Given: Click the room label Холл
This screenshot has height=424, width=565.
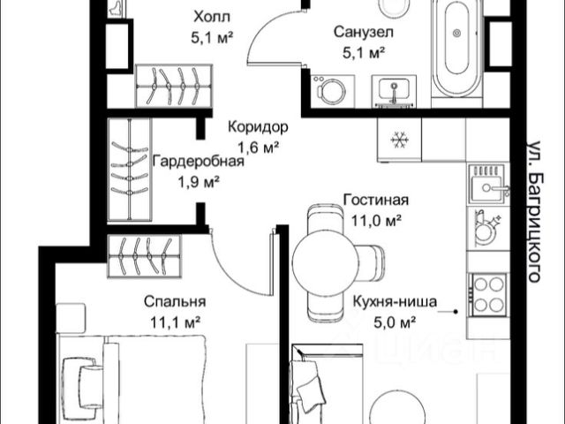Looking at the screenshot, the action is (212, 17).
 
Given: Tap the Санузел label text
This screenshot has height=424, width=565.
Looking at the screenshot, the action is (363, 32).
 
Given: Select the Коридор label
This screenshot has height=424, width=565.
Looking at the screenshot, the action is (258, 127).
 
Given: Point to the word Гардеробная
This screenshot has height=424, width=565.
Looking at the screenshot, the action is (198, 161).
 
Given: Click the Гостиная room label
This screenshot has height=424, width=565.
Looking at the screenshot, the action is (376, 200).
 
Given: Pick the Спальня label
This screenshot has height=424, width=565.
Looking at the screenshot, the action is (175, 302).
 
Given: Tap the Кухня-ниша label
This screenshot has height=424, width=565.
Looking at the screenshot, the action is (395, 301).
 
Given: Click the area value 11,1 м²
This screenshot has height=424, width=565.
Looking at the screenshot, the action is (175, 322).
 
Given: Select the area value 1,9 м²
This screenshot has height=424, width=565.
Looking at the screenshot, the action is (199, 183).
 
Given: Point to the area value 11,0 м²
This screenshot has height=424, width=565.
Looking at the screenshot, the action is (377, 221).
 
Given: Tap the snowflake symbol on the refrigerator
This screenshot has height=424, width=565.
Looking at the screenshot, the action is (399, 140).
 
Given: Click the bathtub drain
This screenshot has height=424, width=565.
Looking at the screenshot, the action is (456, 34).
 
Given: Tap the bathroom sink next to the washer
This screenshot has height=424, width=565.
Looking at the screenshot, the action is (394, 91).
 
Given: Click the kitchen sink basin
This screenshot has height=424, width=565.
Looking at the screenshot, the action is (488, 187).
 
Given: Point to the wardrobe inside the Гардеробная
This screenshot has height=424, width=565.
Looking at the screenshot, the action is (130, 170).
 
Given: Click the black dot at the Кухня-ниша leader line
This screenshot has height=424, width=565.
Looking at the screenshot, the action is (456, 312).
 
